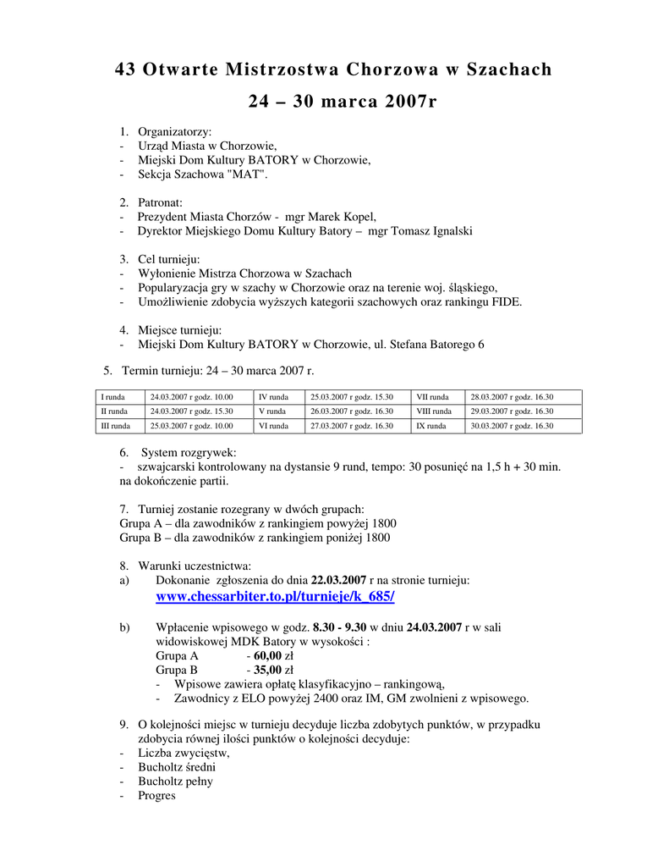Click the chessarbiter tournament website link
[x=275, y=597]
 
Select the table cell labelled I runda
[x=114, y=396]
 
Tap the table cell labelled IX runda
[x=430, y=426]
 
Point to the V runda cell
[x=271, y=411]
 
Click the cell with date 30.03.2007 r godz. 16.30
[x=512, y=426]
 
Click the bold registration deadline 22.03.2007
[x=338, y=580]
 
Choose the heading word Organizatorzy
[x=175, y=131]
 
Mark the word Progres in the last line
[x=156, y=796]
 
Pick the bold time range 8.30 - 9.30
[x=338, y=627]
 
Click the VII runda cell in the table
[x=431, y=396]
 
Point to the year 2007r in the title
[x=398, y=102]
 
